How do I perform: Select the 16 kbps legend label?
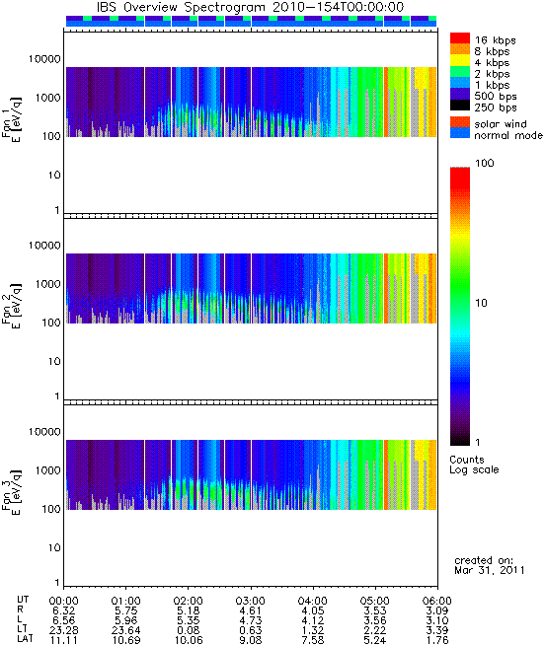(495, 40)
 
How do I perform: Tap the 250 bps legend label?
(496, 108)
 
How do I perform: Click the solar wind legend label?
(501, 124)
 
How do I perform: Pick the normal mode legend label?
(508, 135)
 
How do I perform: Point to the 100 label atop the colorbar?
(485, 163)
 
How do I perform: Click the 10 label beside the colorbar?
(482, 303)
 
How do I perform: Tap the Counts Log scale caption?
(474, 465)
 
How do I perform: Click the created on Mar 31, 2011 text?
(490, 565)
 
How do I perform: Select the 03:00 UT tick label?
(251, 601)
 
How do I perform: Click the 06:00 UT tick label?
(437, 601)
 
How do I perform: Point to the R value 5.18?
(189, 610)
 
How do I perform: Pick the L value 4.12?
(313, 620)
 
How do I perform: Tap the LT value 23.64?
(125, 630)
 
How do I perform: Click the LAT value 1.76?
(437, 640)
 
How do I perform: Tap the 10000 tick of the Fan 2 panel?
(44, 246)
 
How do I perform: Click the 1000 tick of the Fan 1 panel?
(47, 98)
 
